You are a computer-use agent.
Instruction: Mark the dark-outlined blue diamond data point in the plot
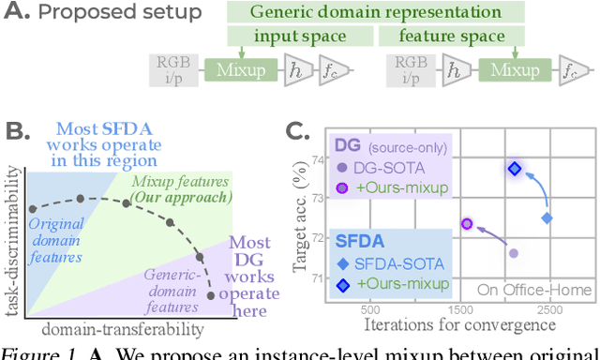click(514, 169)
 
